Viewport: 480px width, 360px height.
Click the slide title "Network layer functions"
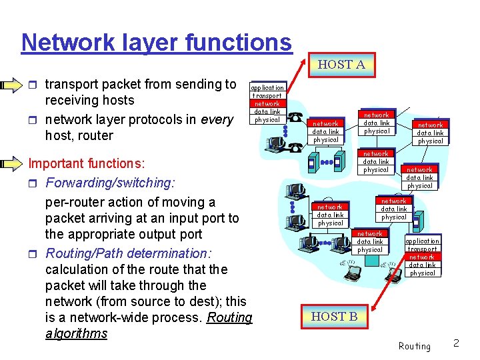pos(157,42)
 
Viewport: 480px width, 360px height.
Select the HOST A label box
pos(341,65)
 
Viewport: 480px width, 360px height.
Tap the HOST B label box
pos(334,317)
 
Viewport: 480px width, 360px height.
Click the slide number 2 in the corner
pos(456,343)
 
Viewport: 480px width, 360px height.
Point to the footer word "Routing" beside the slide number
pos(414,346)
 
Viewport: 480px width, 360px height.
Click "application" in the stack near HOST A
pos(267,87)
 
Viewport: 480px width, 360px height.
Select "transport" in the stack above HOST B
pos(422,249)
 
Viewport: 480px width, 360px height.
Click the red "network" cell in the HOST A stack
pos(267,103)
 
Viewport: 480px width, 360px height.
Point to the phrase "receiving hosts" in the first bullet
pos(89,101)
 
